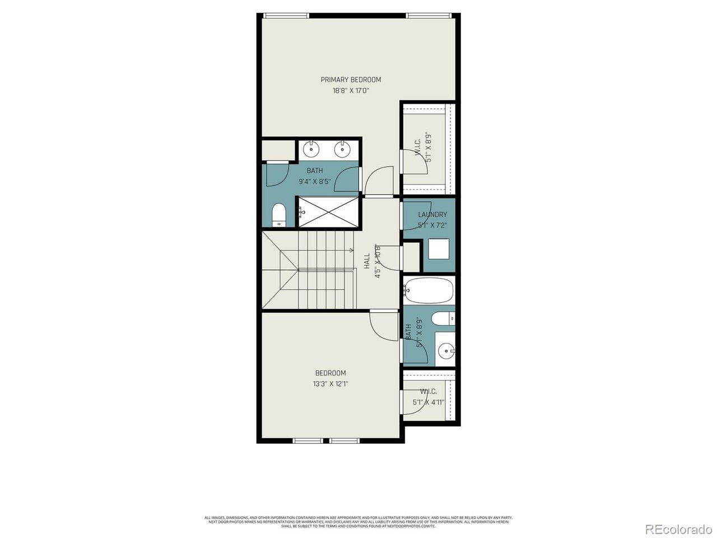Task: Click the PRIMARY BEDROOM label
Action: (351, 80)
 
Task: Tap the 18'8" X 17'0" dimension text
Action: (351, 91)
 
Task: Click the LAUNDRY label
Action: (432, 215)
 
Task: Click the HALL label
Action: (367, 261)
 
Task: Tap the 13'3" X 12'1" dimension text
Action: (330, 384)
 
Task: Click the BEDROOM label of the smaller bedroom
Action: (330, 373)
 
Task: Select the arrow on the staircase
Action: (351, 250)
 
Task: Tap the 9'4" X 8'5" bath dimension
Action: (315, 182)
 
